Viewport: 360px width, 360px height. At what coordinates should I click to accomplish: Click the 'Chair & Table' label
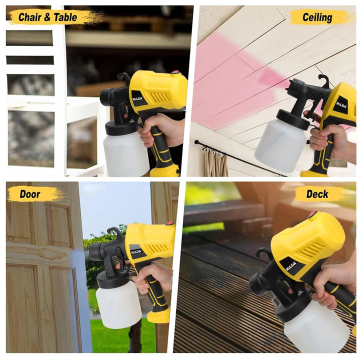tap(47, 17)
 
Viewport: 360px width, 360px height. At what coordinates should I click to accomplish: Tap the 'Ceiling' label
tap(317, 17)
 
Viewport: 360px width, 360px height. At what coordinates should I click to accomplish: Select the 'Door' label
tap(30, 194)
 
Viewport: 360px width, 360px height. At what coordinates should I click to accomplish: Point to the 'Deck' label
tap(317, 194)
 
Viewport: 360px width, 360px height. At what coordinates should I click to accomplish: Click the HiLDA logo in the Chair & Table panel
tap(137, 98)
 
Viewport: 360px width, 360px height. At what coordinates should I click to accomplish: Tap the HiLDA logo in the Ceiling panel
tap(341, 104)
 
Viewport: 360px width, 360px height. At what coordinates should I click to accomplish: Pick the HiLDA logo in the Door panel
tap(136, 252)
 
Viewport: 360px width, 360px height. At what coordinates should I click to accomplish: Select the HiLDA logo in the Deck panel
tap(291, 266)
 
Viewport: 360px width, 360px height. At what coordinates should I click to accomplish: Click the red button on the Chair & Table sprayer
tap(175, 73)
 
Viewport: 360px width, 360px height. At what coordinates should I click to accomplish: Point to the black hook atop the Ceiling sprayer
tap(323, 80)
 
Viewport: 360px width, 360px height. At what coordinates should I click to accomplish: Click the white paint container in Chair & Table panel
tap(125, 154)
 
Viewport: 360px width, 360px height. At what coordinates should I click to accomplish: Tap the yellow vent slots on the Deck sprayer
tap(311, 249)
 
